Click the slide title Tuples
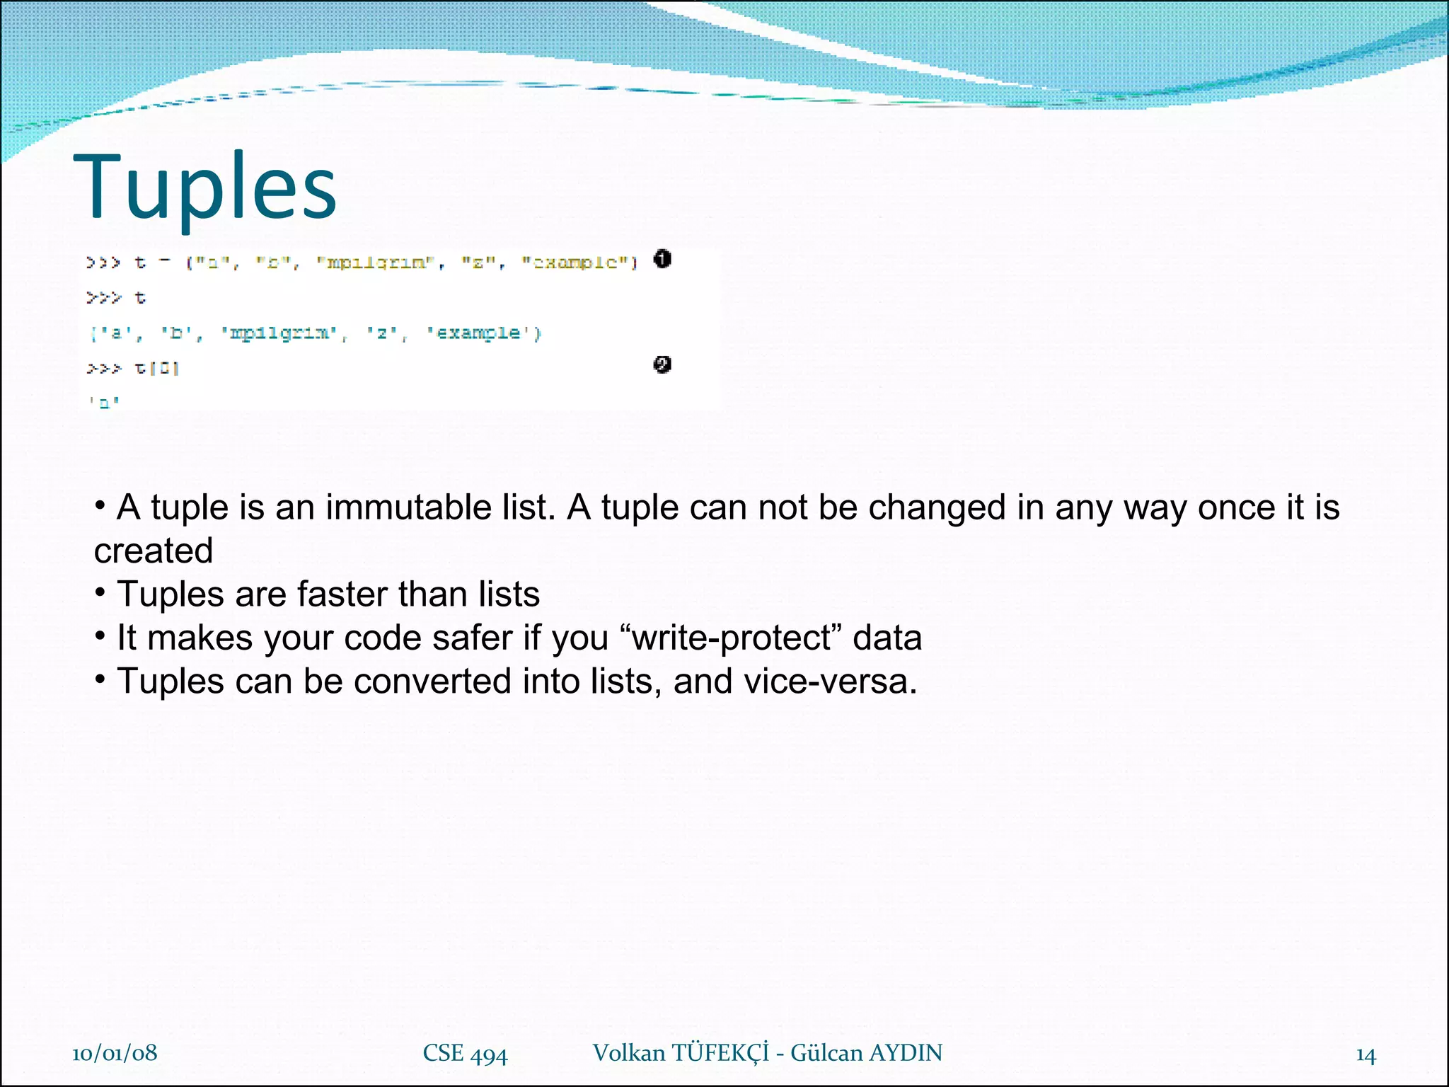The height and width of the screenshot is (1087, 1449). click(x=204, y=187)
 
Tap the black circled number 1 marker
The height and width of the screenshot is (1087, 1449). click(x=662, y=259)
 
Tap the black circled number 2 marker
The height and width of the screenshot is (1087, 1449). click(x=662, y=364)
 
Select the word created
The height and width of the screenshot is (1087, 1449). click(x=154, y=551)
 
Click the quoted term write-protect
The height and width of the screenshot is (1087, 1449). click(x=731, y=638)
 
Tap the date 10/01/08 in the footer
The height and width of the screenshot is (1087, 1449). click(x=115, y=1053)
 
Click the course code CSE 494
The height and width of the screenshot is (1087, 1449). click(x=465, y=1054)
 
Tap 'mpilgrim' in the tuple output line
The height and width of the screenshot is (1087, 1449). click(x=279, y=333)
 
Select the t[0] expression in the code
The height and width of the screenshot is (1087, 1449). click(x=157, y=368)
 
